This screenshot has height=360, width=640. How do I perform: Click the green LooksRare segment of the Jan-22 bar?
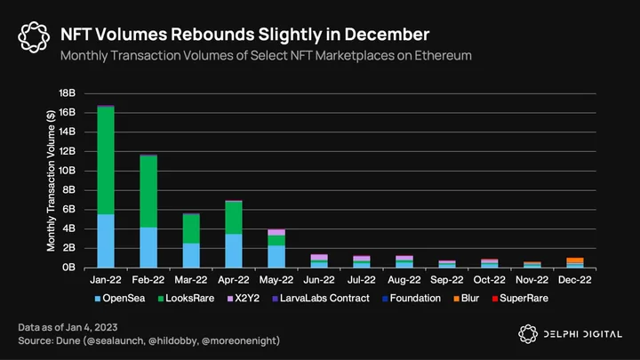[x=106, y=160]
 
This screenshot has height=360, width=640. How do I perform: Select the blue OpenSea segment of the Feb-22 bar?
[x=148, y=247]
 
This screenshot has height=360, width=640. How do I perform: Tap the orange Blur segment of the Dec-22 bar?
[x=575, y=260]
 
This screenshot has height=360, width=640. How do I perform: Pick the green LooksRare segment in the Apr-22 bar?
[x=234, y=218]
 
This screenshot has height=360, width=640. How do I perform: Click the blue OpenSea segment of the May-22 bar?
[x=276, y=257]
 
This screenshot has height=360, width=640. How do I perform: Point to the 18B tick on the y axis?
[x=68, y=93]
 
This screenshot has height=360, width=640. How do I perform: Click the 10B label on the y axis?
[x=68, y=171]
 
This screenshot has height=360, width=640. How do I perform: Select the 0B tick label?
[x=69, y=268]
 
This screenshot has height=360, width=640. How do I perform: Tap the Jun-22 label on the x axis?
[x=319, y=280]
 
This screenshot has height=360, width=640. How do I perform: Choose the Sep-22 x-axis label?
[x=447, y=280]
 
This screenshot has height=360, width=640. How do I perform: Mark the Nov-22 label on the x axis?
[x=532, y=280]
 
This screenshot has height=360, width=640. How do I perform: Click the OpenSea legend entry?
[x=120, y=299]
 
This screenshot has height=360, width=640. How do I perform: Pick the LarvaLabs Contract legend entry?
[x=321, y=299]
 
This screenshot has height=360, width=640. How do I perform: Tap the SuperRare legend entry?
[x=520, y=299]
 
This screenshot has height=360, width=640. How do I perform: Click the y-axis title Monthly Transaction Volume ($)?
[x=51, y=180]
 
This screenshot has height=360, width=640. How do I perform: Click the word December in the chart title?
[x=387, y=35]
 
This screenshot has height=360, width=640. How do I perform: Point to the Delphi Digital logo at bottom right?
[x=570, y=334]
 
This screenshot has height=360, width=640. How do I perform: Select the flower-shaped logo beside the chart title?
[x=34, y=37]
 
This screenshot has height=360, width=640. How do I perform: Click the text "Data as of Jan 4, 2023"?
[x=68, y=327]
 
